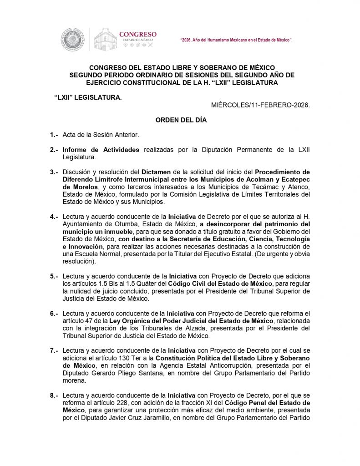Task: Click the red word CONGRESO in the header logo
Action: (137, 34)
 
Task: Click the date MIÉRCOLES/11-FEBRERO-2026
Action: (260, 105)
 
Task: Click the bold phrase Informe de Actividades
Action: (101, 150)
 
